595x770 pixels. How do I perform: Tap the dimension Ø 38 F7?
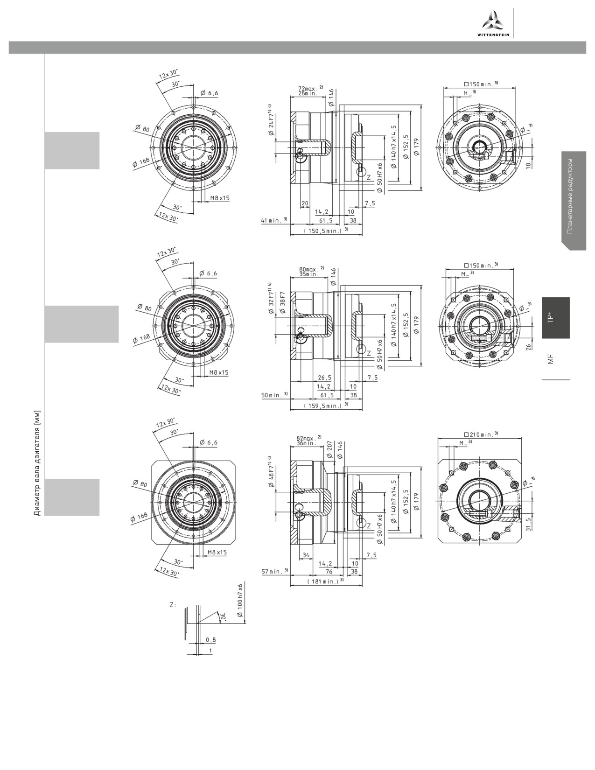(282, 302)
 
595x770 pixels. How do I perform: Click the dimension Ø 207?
(330, 450)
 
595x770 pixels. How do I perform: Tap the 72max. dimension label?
(308, 88)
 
